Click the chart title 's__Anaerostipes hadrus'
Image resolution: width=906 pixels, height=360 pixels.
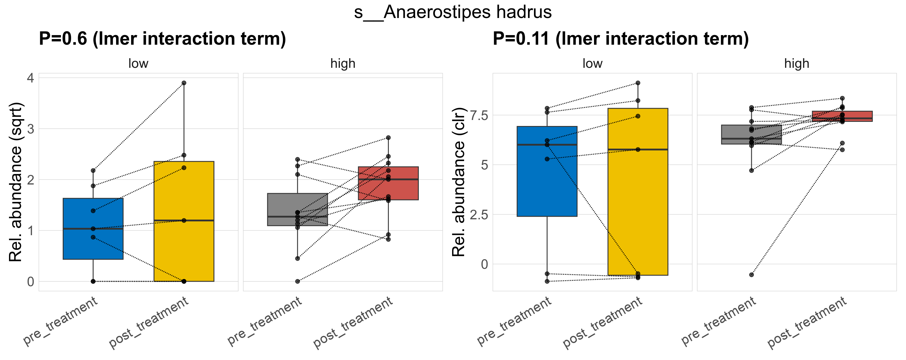[453, 12]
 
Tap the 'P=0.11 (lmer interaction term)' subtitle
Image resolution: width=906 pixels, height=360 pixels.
[620, 39]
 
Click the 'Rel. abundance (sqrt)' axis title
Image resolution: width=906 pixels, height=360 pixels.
[16, 182]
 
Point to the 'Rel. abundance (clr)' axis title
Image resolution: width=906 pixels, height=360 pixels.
[459, 182]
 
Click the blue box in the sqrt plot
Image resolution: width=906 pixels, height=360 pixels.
[93, 243]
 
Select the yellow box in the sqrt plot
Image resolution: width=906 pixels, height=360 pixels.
[184, 246]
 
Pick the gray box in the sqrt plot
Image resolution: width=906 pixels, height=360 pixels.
[298, 204]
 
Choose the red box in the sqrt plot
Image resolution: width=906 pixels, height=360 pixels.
[388, 190]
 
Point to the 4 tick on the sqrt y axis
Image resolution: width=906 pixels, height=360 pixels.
[31, 78]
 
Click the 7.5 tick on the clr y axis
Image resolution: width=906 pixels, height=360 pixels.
[479, 115]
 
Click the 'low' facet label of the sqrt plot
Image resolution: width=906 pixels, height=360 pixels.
[138, 64]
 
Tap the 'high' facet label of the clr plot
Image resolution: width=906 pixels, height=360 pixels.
[796, 64]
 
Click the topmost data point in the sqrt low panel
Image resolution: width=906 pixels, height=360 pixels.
[184, 83]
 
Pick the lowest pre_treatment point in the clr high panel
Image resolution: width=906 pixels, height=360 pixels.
[751, 274]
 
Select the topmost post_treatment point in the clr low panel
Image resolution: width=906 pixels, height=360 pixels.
[637, 83]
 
